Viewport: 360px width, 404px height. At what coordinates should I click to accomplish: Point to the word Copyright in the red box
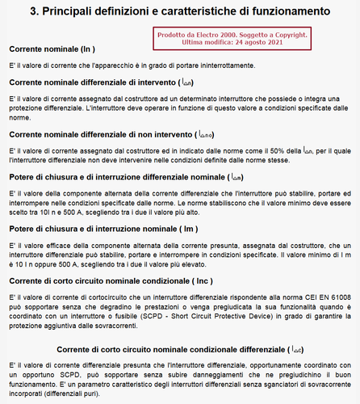pyautogui.click(x=283, y=35)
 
